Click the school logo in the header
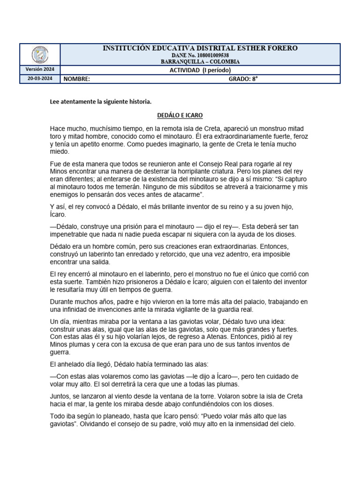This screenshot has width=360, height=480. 40,55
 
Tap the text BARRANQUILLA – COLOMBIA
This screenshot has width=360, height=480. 200,62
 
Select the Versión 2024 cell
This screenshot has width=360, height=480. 40,69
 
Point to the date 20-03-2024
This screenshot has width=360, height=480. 40,79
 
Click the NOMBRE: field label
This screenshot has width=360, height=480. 77,79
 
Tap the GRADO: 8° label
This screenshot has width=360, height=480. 243,79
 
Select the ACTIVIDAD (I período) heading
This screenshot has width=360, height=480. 200,70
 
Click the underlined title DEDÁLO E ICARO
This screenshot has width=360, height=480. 180,115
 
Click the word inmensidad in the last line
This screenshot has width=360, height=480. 248,424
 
